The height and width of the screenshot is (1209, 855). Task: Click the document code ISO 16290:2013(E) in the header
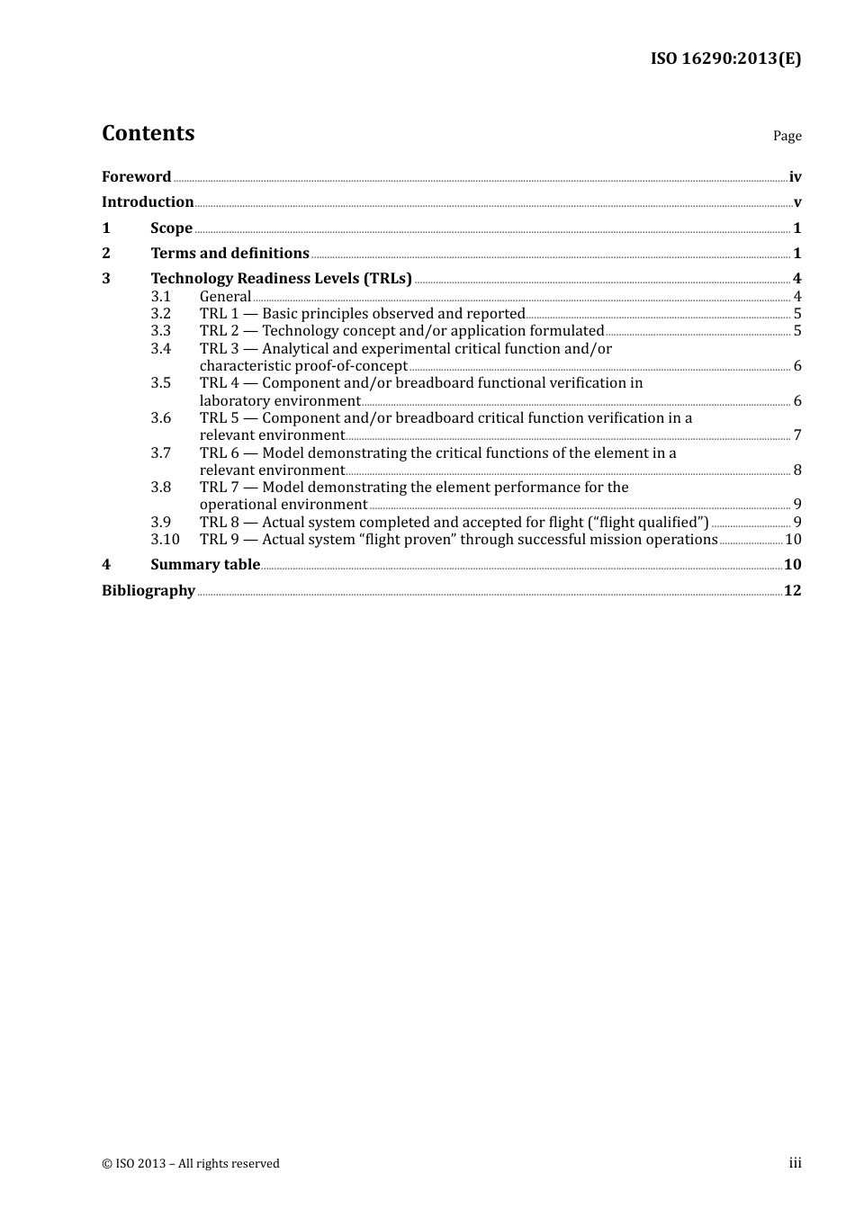tap(725, 58)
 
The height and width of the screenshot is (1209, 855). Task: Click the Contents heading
tap(148, 133)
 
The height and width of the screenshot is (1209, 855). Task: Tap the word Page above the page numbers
tap(787, 136)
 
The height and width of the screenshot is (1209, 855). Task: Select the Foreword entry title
tap(136, 176)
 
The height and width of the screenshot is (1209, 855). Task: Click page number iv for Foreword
tap(795, 177)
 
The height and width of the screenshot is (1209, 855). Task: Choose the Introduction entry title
tap(148, 201)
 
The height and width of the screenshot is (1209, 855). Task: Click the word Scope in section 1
tap(171, 228)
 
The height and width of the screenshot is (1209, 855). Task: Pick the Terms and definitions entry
tap(229, 253)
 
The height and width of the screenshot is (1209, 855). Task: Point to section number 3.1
tap(160, 296)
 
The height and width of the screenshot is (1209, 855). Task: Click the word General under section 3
tap(225, 296)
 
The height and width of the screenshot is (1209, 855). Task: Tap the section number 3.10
tap(165, 539)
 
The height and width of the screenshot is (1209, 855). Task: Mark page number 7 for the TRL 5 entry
tap(797, 435)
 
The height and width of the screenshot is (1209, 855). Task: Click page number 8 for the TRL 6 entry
tap(797, 470)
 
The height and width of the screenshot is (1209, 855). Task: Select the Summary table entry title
tap(205, 564)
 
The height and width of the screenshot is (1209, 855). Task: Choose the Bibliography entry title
tap(148, 590)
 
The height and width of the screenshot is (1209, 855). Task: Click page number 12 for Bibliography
tap(792, 590)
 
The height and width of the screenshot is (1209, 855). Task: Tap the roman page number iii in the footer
tap(795, 1163)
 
